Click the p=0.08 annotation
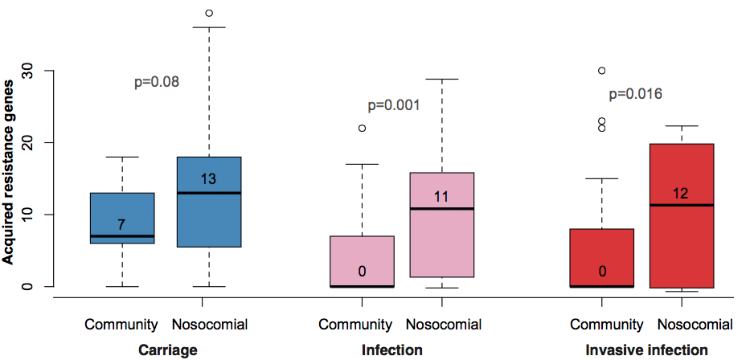[156, 81]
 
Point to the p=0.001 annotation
[394, 105]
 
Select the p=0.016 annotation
[635, 94]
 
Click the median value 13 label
[209, 179]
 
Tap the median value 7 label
[121, 224]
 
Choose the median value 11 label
[441, 195]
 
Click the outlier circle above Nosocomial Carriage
[209, 13]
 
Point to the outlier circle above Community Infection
[362, 128]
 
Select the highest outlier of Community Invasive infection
[601, 71]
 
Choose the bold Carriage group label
[167, 350]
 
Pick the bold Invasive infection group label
[646, 350]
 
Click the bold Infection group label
[392, 350]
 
